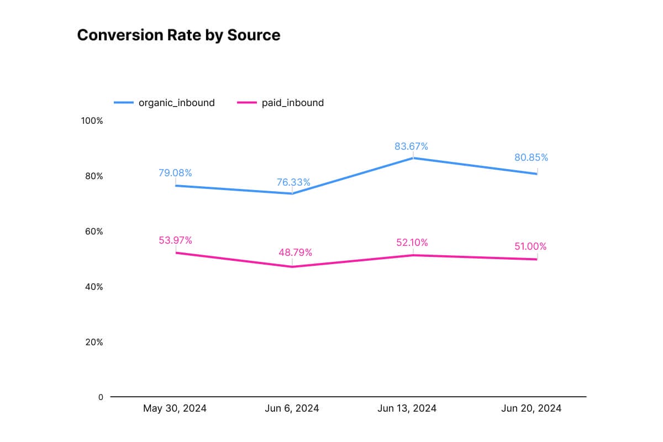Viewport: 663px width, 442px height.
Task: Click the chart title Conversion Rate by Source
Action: pyautogui.click(x=178, y=35)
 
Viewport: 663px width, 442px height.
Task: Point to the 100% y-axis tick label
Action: pyautogui.click(x=92, y=120)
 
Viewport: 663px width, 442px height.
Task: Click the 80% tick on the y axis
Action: pyautogui.click(x=93, y=176)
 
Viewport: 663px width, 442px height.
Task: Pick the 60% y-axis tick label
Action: pyautogui.click(x=93, y=231)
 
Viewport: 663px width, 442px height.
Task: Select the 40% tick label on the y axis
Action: pyautogui.click(x=93, y=287)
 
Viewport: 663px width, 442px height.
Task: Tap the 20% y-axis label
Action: pyautogui.click(x=93, y=342)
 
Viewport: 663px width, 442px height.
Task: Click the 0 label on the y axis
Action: pyautogui.click(x=101, y=397)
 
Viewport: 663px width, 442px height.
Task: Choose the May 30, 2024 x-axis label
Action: pyautogui.click(x=175, y=409)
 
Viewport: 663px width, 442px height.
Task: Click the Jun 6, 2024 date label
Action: pyautogui.click(x=292, y=409)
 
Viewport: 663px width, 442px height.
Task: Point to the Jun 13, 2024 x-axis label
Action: pyautogui.click(x=407, y=409)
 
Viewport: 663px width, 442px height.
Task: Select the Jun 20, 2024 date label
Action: pyautogui.click(x=531, y=409)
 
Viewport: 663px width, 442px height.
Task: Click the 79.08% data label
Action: pyautogui.click(x=175, y=173)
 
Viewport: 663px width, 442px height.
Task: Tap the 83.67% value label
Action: pyautogui.click(x=411, y=146)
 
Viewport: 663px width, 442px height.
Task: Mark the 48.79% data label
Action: pyautogui.click(x=295, y=252)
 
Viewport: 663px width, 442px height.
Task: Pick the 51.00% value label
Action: pyautogui.click(x=530, y=246)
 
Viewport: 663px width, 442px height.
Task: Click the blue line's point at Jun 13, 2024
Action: pyautogui.click(x=413, y=158)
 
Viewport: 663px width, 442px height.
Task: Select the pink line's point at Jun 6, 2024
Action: pyautogui.click(x=292, y=267)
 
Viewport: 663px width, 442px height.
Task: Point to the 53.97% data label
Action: pyautogui.click(x=175, y=240)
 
